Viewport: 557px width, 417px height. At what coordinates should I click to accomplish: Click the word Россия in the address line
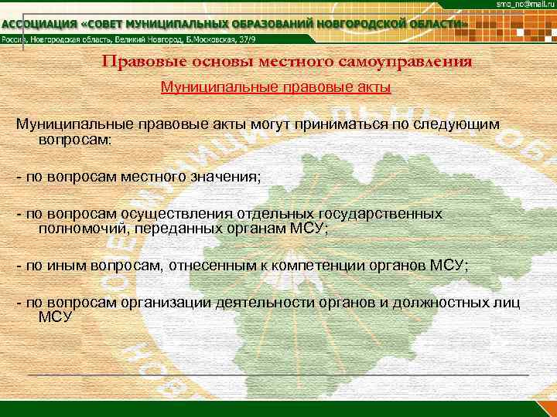tap(15, 39)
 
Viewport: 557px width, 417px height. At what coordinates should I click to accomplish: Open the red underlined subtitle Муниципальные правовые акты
tap(275, 87)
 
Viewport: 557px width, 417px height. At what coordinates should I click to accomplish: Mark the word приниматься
tap(331, 124)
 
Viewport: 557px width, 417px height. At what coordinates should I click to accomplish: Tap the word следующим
tap(460, 124)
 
